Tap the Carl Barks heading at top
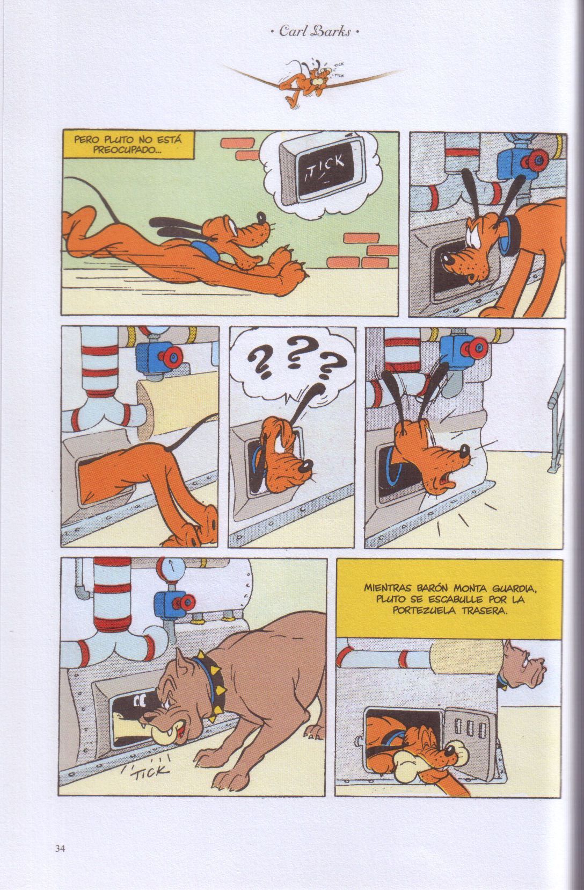[315, 31]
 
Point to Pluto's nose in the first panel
[261, 217]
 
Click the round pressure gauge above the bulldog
[170, 570]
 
